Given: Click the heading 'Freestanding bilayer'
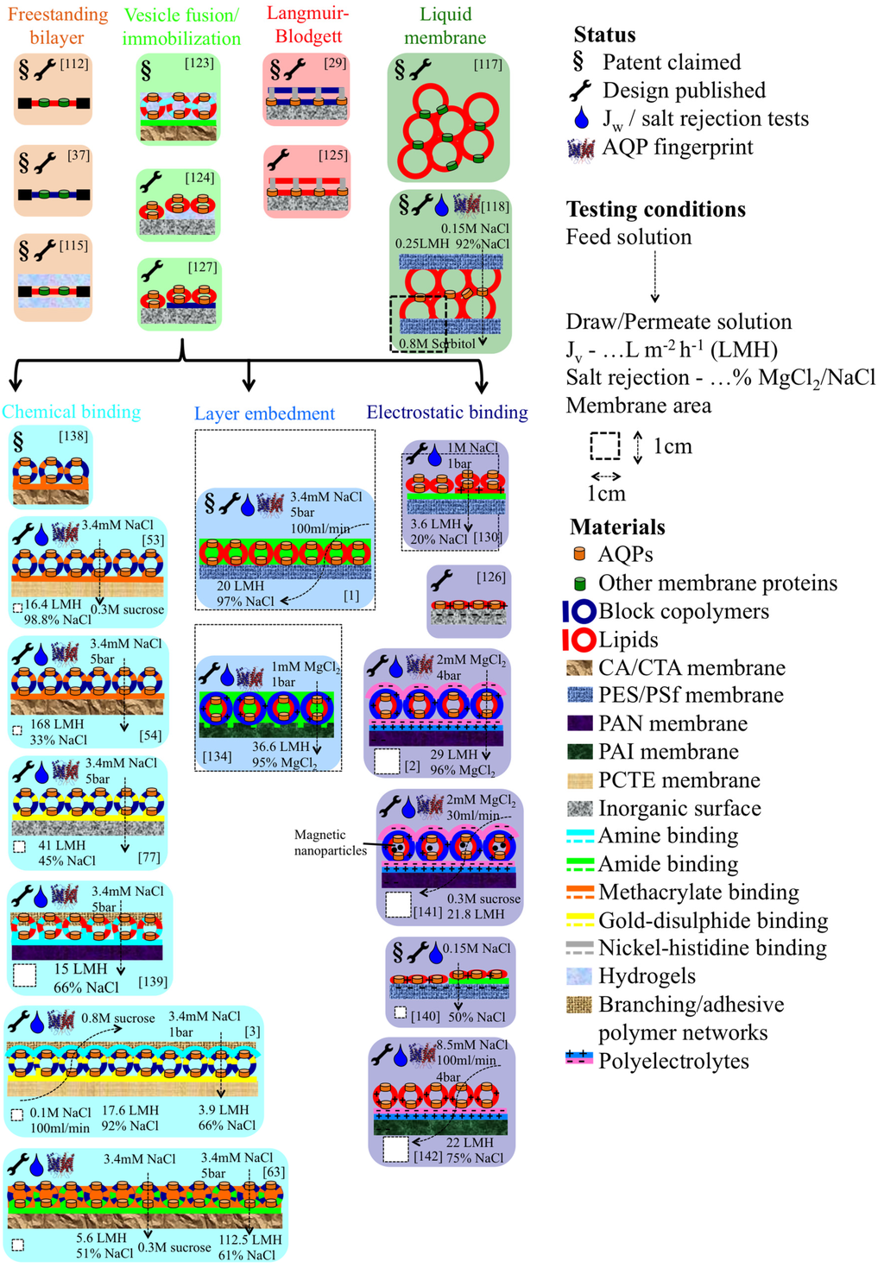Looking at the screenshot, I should coord(57,26).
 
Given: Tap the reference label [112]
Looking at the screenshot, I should coord(74,63).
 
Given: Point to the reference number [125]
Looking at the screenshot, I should coord(332,155).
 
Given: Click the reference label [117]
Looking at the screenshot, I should coord(488,64).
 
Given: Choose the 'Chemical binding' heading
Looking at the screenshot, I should coord(71,412).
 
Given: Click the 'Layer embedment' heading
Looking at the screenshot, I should coord(264,413).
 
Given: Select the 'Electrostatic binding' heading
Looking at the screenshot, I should coord(447,412).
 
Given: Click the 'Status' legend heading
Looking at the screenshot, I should coord(604,35).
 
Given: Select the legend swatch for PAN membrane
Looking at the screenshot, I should coord(580,723).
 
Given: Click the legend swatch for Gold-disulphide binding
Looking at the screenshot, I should coord(579,920).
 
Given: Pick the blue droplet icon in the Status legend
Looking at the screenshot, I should coord(580,118).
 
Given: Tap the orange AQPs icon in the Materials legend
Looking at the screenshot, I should coord(580,554).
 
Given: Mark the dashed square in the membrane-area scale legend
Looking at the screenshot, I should coord(605,446).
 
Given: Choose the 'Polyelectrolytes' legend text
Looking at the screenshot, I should coord(673,1061).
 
